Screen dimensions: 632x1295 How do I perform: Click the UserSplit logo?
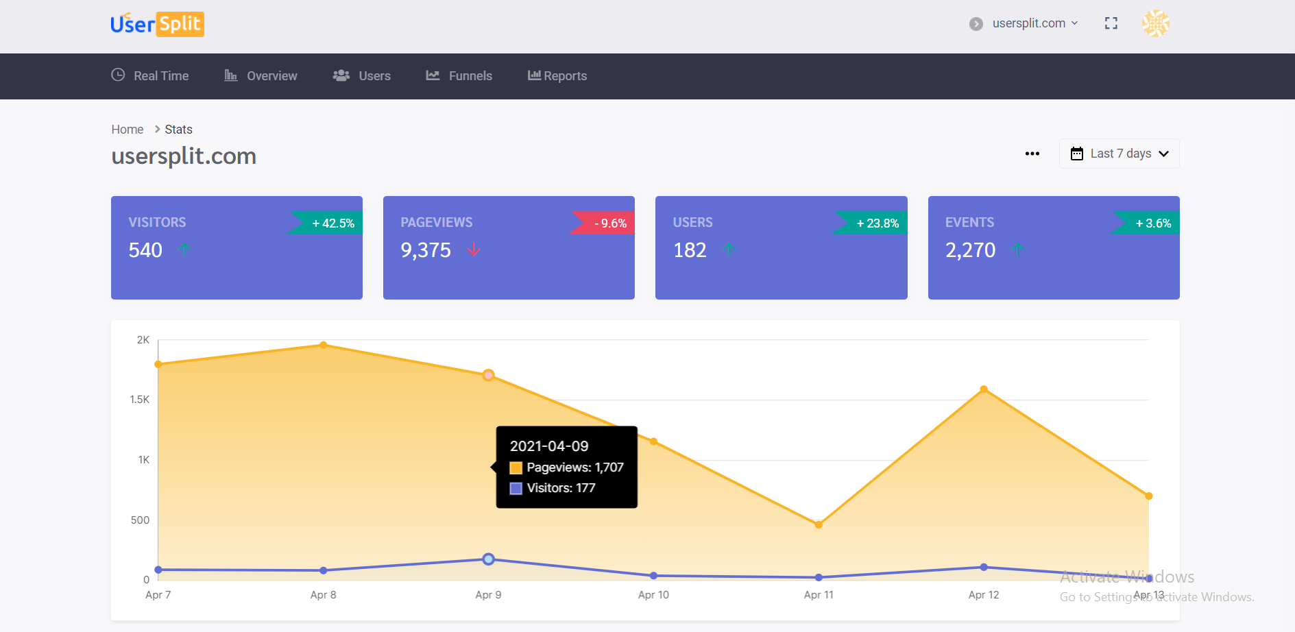pos(157,24)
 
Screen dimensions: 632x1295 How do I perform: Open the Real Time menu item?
pos(150,76)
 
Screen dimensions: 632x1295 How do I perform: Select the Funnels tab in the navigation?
pos(459,76)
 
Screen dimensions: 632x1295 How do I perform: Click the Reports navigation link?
pos(557,76)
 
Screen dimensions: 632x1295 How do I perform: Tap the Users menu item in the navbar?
pos(362,76)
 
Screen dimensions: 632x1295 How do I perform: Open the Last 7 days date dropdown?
pos(1119,154)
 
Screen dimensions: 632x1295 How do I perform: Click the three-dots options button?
pos(1032,154)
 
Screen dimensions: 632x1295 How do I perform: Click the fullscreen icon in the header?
pos(1111,23)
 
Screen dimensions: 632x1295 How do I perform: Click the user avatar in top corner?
pos(1155,23)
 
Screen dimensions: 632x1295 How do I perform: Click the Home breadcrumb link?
pos(128,130)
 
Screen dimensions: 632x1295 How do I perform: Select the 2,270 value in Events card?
pos(970,250)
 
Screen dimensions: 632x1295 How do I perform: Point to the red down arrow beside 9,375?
pos(473,250)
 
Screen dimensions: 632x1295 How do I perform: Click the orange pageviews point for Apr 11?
pos(819,525)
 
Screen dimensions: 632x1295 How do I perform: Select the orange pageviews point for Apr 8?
pos(324,345)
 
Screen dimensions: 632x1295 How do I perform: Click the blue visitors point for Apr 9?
pos(488,559)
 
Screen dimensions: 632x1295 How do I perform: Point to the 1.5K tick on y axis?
pos(140,400)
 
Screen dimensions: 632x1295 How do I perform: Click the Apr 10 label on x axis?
pos(653,595)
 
